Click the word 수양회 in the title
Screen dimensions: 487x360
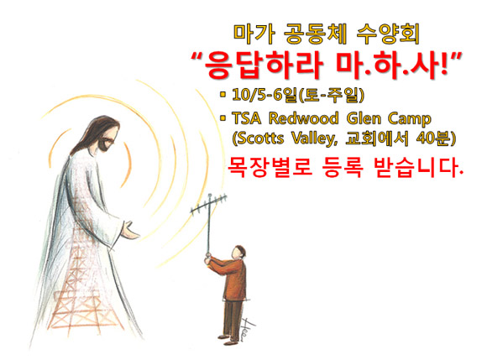[388, 34]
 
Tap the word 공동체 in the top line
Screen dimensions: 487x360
[316, 34]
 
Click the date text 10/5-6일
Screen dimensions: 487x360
[264, 95]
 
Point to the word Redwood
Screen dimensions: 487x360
[303, 118]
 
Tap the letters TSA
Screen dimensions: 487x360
[247, 118]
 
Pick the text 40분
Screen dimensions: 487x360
[433, 138]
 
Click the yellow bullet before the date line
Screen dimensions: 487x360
[223, 94]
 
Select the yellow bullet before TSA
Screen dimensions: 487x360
[223, 118]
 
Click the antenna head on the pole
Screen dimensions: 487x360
[209, 204]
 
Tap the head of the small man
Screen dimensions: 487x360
[238, 252]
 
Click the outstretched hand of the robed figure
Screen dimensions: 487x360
[130, 230]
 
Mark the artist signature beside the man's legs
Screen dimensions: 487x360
[248, 329]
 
